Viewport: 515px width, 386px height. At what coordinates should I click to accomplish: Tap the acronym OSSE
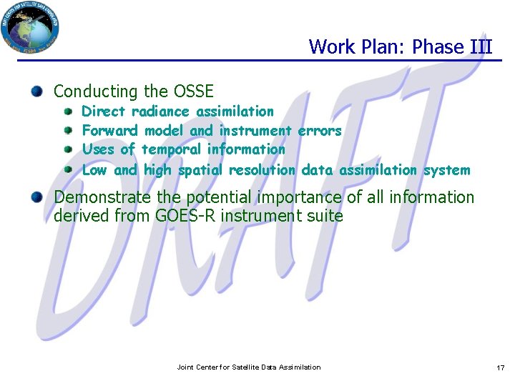192,91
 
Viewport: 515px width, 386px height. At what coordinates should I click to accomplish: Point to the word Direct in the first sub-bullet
104,112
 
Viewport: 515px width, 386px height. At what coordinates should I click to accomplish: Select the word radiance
161,112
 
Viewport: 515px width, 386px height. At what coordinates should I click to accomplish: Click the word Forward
110,131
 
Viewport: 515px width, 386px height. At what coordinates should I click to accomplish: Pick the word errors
320,131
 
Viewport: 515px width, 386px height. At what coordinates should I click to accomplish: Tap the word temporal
172,149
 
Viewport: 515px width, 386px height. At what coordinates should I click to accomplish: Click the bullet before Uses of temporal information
68,150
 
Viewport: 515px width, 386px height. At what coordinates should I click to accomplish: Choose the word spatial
200,170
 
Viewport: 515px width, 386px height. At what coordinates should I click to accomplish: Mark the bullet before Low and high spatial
68,170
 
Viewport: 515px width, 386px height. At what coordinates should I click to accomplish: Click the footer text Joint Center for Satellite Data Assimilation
249,367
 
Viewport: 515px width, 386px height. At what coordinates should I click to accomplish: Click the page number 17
500,367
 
